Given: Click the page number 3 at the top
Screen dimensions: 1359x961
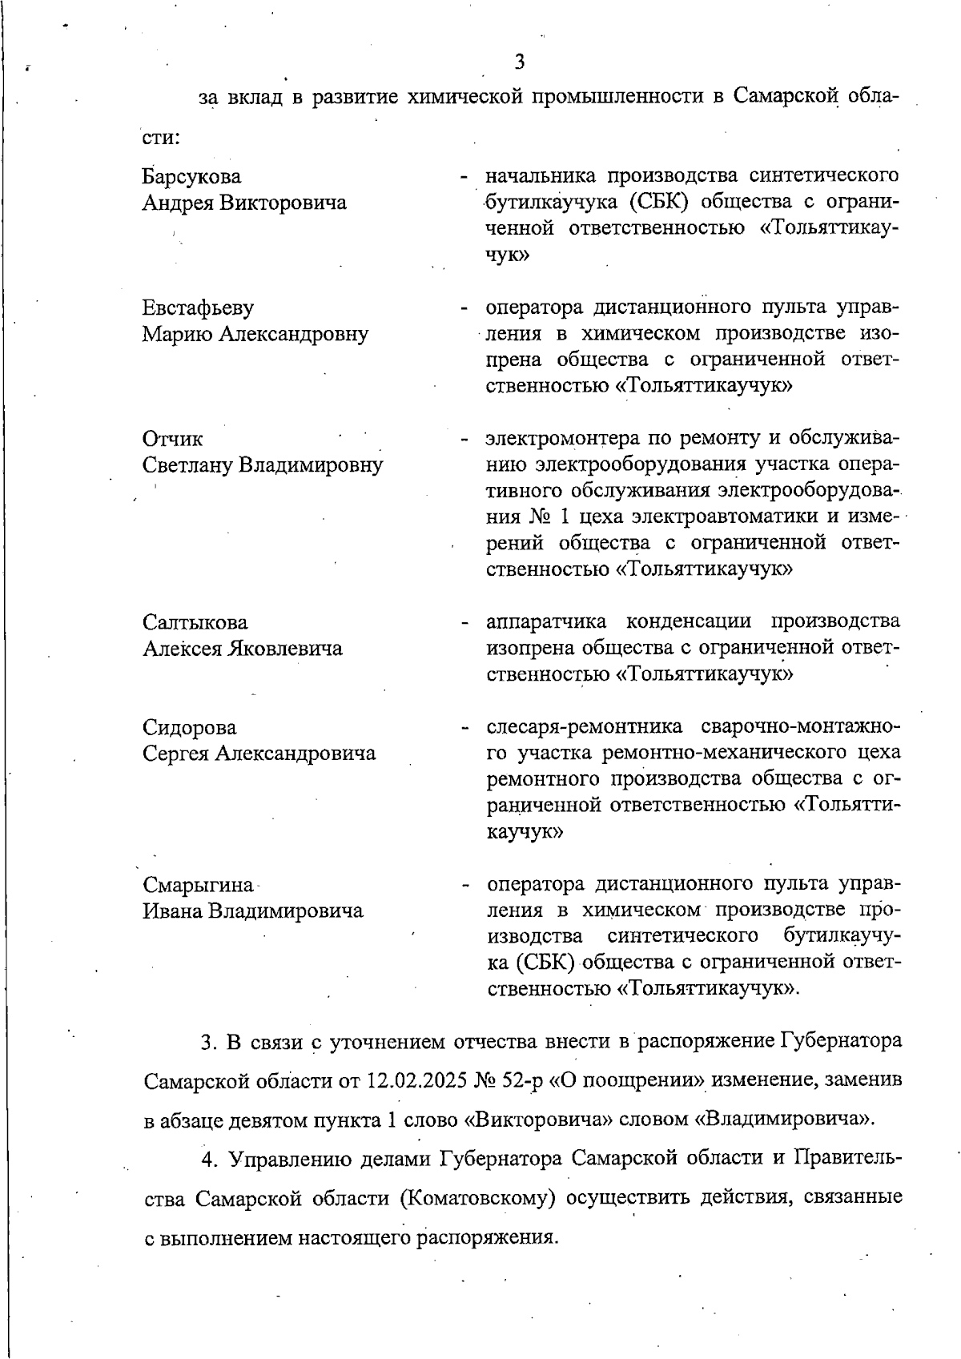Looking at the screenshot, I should (x=520, y=62).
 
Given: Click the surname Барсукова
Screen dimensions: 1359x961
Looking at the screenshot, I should (x=191, y=176).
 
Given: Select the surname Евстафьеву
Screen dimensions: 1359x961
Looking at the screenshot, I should (x=198, y=308).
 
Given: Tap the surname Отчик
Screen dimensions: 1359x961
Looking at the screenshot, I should (x=172, y=439).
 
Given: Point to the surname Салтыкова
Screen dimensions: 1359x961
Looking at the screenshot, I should (x=195, y=622).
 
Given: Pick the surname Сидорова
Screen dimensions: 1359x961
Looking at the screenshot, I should (x=190, y=727).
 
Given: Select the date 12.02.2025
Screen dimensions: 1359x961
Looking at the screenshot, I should (x=418, y=1081).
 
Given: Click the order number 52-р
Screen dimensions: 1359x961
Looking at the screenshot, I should (x=525, y=1081).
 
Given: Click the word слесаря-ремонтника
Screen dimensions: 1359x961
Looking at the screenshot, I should (x=585, y=727).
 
